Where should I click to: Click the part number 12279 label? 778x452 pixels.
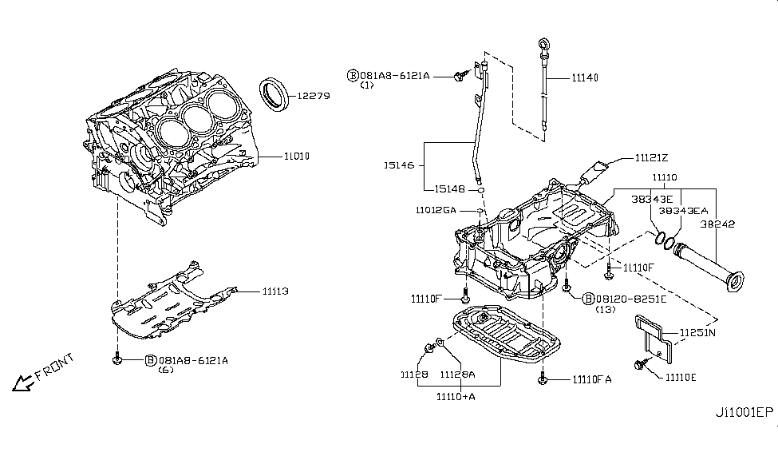click(314, 96)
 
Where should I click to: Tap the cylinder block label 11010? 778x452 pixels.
click(297, 157)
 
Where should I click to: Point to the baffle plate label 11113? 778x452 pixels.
click(275, 291)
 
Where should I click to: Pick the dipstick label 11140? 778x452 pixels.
click(585, 77)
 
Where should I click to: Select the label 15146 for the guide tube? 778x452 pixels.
click(400, 165)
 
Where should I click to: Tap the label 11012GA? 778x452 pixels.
click(436, 210)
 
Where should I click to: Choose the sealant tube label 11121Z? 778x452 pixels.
click(651, 158)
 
